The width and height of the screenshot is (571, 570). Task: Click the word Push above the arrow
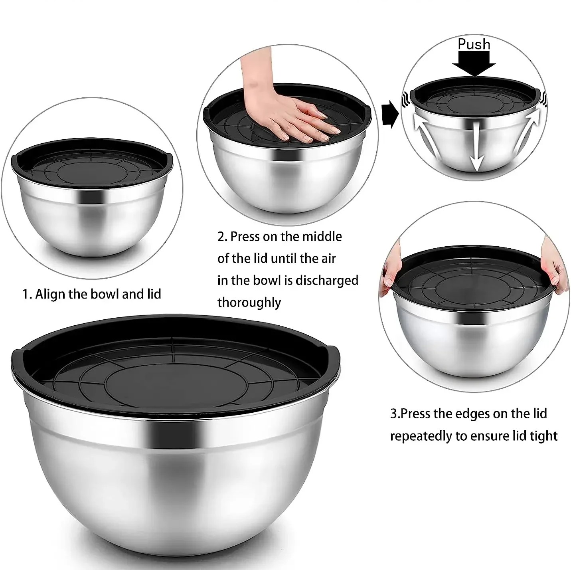point(474,44)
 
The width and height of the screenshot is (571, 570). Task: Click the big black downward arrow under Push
point(474,64)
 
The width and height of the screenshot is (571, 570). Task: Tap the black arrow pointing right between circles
point(390,115)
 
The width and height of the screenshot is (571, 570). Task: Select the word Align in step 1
point(50,294)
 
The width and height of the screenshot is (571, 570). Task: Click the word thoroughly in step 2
point(249,303)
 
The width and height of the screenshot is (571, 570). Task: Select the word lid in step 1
point(154,294)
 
